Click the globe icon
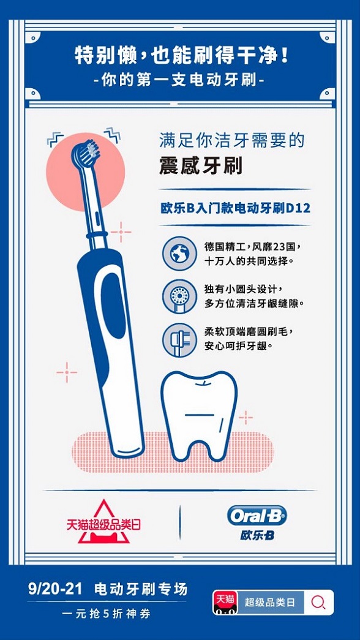click(179, 254)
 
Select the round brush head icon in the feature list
click(179, 296)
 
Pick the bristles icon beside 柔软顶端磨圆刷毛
click(179, 340)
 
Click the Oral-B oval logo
click(257, 516)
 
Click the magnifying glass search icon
click(318, 603)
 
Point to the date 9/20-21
click(55, 589)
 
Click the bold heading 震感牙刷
click(200, 166)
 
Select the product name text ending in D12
click(235, 208)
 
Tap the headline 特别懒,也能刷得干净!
click(182, 55)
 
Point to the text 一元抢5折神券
click(107, 614)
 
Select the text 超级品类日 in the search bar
click(270, 602)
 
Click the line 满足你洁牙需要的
click(232, 141)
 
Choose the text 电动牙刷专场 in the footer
click(141, 589)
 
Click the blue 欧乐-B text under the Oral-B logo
click(257, 535)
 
